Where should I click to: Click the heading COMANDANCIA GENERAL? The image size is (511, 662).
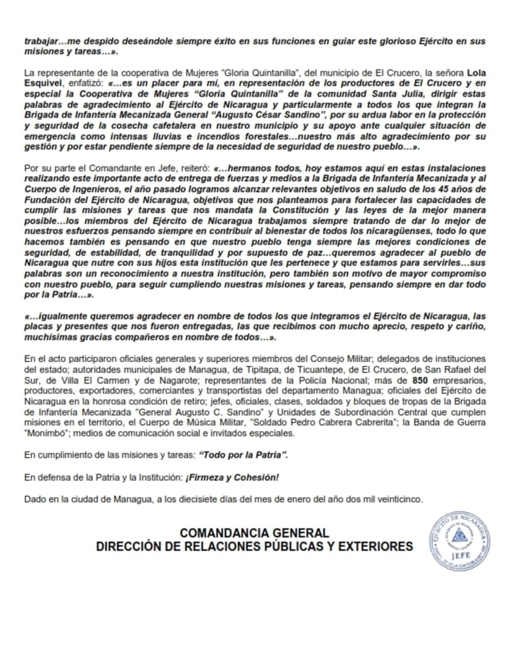click(254, 532)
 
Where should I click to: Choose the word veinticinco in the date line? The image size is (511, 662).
click(395, 499)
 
